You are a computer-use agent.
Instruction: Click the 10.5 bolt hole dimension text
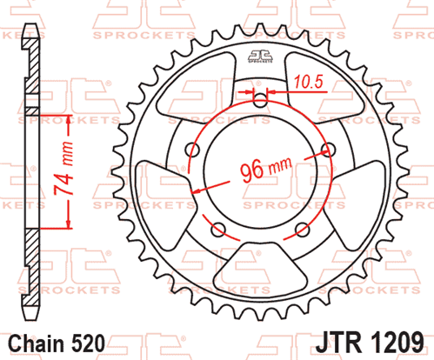(309, 82)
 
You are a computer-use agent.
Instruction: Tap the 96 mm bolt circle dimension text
(266, 170)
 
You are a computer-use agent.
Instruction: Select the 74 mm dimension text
(63, 168)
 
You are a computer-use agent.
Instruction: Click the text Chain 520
(57, 343)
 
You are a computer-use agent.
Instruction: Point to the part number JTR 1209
(370, 343)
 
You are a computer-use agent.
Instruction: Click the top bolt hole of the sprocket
(260, 100)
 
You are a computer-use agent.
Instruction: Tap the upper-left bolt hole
(192, 150)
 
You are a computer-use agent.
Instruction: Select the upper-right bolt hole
(329, 150)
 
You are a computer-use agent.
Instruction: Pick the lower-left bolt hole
(218, 230)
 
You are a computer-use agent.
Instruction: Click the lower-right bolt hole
(303, 230)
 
